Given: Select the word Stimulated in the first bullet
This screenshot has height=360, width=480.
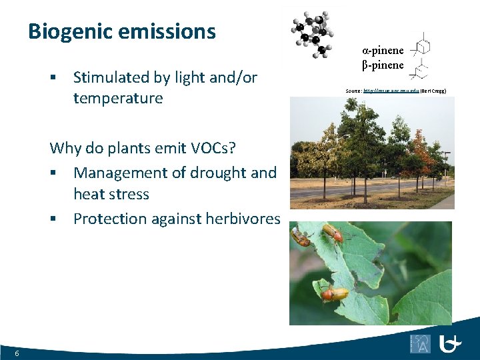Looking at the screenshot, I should point(111,77).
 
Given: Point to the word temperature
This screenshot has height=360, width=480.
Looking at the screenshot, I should point(118,99).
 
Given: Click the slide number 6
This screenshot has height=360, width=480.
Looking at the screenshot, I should point(17,353).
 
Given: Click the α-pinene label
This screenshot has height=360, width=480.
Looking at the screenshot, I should point(383,50).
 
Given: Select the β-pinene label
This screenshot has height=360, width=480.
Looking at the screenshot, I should point(383,65).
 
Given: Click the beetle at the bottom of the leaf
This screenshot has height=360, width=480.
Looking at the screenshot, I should point(333,293).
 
